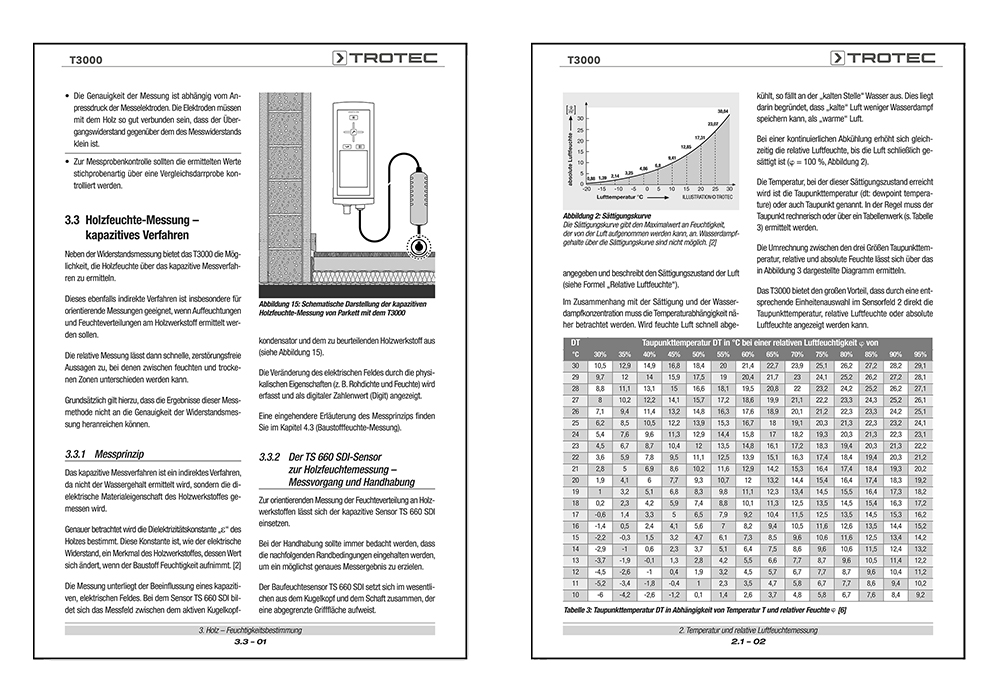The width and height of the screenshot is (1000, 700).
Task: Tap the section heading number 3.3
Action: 72,215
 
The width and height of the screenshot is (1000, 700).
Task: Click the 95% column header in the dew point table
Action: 921,354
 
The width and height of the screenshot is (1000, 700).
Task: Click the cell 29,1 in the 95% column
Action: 921,366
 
